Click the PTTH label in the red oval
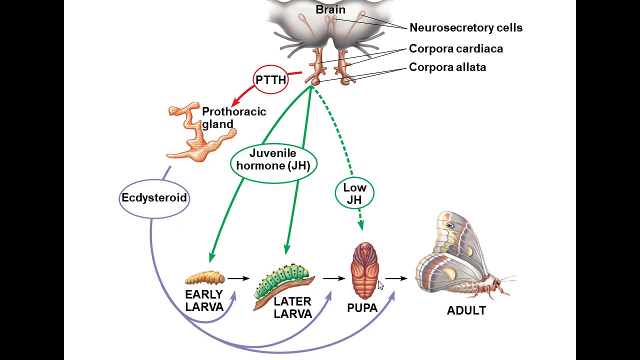pyautogui.click(x=271, y=80)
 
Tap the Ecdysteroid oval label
pyautogui.click(x=154, y=198)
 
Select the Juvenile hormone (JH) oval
pyautogui.click(x=273, y=159)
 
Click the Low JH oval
pyautogui.click(x=354, y=194)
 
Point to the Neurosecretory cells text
pyautogui.click(x=465, y=28)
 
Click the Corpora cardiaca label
pyautogui.click(x=455, y=49)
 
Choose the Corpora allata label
pyautogui.click(x=447, y=67)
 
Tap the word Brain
pyautogui.click(x=330, y=9)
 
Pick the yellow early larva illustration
pyautogui.click(x=204, y=277)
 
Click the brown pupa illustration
pyautogui.click(x=365, y=270)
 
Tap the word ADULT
pyautogui.click(x=466, y=311)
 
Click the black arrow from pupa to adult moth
pyautogui.click(x=396, y=278)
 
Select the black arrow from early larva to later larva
pyautogui.click(x=238, y=278)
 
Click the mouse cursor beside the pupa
pyautogui.click(x=380, y=285)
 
